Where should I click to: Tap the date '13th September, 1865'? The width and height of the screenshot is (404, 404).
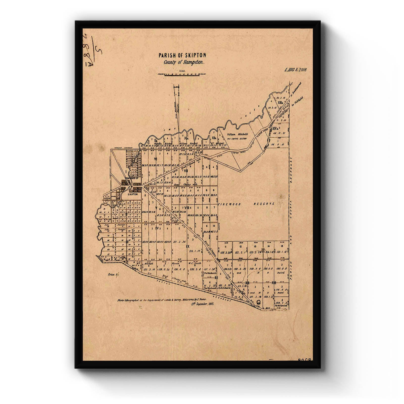(x=202, y=304)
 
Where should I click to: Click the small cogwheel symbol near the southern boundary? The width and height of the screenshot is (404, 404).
(x=258, y=302)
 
